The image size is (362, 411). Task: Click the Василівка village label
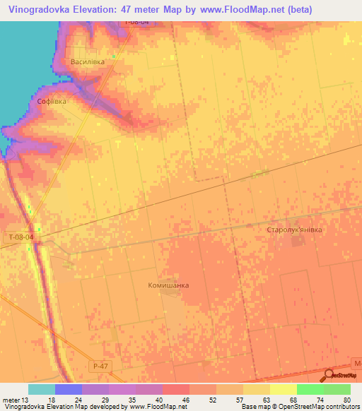[88, 62]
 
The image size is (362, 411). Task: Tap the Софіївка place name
[52, 102]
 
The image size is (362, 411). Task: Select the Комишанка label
[168, 285]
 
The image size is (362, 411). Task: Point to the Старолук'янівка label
[294, 230]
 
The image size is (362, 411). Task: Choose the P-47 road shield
[100, 367]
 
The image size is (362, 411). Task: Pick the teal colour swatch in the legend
[41, 389]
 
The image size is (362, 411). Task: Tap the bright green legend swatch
[310, 389]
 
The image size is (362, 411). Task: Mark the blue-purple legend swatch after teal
[68, 389]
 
